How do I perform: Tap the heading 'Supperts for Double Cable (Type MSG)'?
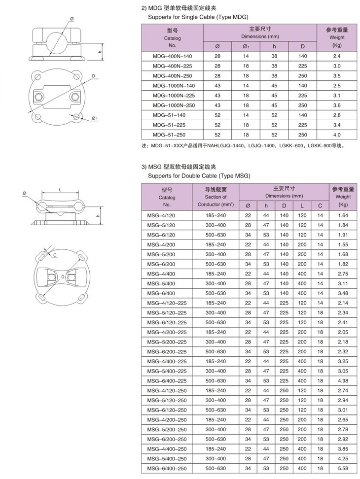click(199, 175)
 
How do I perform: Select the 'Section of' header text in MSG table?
click(216, 197)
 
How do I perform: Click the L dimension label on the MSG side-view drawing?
click(60, 190)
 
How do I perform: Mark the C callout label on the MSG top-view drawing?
click(55, 254)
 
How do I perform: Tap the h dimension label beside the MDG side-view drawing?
click(99, 52)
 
